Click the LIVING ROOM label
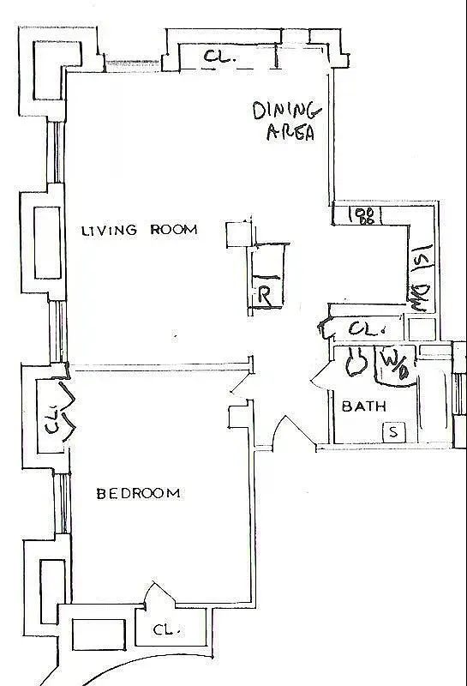click(139, 230)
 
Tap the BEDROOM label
click(138, 493)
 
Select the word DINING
click(286, 111)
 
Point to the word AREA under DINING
click(290, 133)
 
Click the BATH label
click(364, 406)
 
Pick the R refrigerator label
click(265, 298)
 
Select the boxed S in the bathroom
click(393, 431)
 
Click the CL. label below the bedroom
click(164, 630)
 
